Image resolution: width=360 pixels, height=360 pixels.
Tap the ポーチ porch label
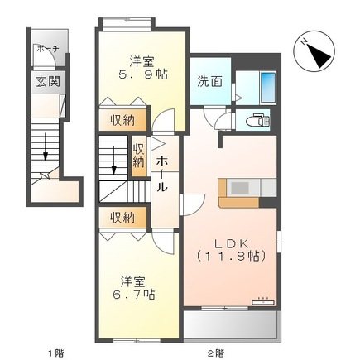click(46, 50)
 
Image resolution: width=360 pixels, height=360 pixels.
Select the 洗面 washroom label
click(209, 82)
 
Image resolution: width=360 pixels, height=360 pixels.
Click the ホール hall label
click(163, 173)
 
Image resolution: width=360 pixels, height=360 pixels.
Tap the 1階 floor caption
click(55, 352)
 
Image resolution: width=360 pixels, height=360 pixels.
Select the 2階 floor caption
click(216, 352)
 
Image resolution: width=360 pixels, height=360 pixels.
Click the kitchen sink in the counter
click(239, 188)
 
